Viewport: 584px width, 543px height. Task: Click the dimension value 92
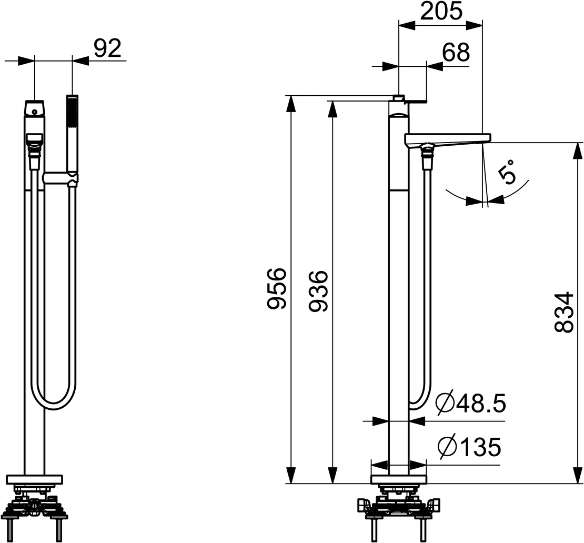[x=107, y=48]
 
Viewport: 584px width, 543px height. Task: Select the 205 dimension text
[x=441, y=11]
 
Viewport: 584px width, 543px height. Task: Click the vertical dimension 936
[x=318, y=291]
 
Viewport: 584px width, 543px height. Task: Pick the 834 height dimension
[x=564, y=312]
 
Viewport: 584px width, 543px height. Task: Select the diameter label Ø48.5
[x=471, y=404]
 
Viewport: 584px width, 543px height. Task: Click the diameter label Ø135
[x=469, y=447]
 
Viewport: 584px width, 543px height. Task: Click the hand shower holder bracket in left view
[x=61, y=178]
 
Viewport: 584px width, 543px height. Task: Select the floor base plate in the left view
[x=34, y=479]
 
